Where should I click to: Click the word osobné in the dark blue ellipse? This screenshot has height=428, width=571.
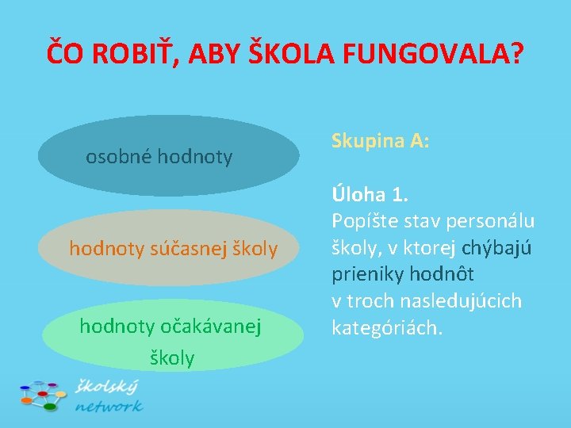click(x=119, y=157)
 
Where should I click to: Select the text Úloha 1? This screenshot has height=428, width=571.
click(x=368, y=195)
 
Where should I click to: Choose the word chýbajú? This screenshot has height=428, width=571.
click(x=496, y=248)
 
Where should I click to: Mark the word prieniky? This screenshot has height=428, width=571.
click(x=366, y=275)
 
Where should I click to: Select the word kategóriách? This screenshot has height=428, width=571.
click(x=385, y=327)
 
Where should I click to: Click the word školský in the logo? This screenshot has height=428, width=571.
click(x=107, y=387)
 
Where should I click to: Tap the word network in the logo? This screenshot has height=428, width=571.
click(x=109, y=406)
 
